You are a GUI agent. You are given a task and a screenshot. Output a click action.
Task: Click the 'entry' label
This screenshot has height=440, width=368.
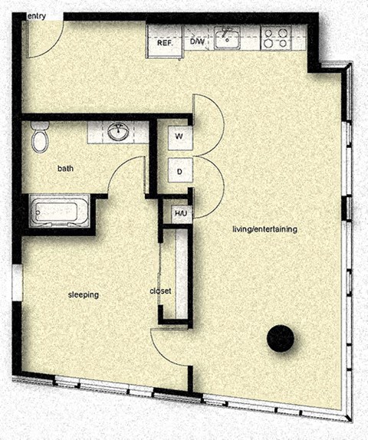pyautogui.click(x=36, y=15)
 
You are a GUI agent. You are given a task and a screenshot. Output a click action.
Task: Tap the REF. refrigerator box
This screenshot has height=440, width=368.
pyautogui.click(x=164, y=42)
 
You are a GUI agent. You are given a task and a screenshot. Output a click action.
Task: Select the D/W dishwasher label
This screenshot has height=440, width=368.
pyautogui.click(x=197, y=42)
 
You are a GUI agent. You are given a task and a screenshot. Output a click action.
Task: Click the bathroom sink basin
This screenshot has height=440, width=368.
pyautogui.click(x=118, y=132)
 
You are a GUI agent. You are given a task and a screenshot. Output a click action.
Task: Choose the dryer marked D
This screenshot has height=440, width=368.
pyautogui.click(x=179, y=171)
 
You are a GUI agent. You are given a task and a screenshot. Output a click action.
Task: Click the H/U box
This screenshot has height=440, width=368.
pyautogui.click(x=180, y=212)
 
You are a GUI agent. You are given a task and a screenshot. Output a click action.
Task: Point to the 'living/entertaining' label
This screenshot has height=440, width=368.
pyautogui.click(x=264, y=229)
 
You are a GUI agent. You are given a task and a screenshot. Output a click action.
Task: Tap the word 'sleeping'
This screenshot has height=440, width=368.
pyautogui.click(x=84, y=294)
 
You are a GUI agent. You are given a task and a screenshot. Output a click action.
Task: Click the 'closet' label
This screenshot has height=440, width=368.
pyautogui.click(x=160, y=291)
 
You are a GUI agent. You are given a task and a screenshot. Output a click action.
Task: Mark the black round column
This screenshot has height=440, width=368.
pyautogui.click(x=280, y=337)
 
